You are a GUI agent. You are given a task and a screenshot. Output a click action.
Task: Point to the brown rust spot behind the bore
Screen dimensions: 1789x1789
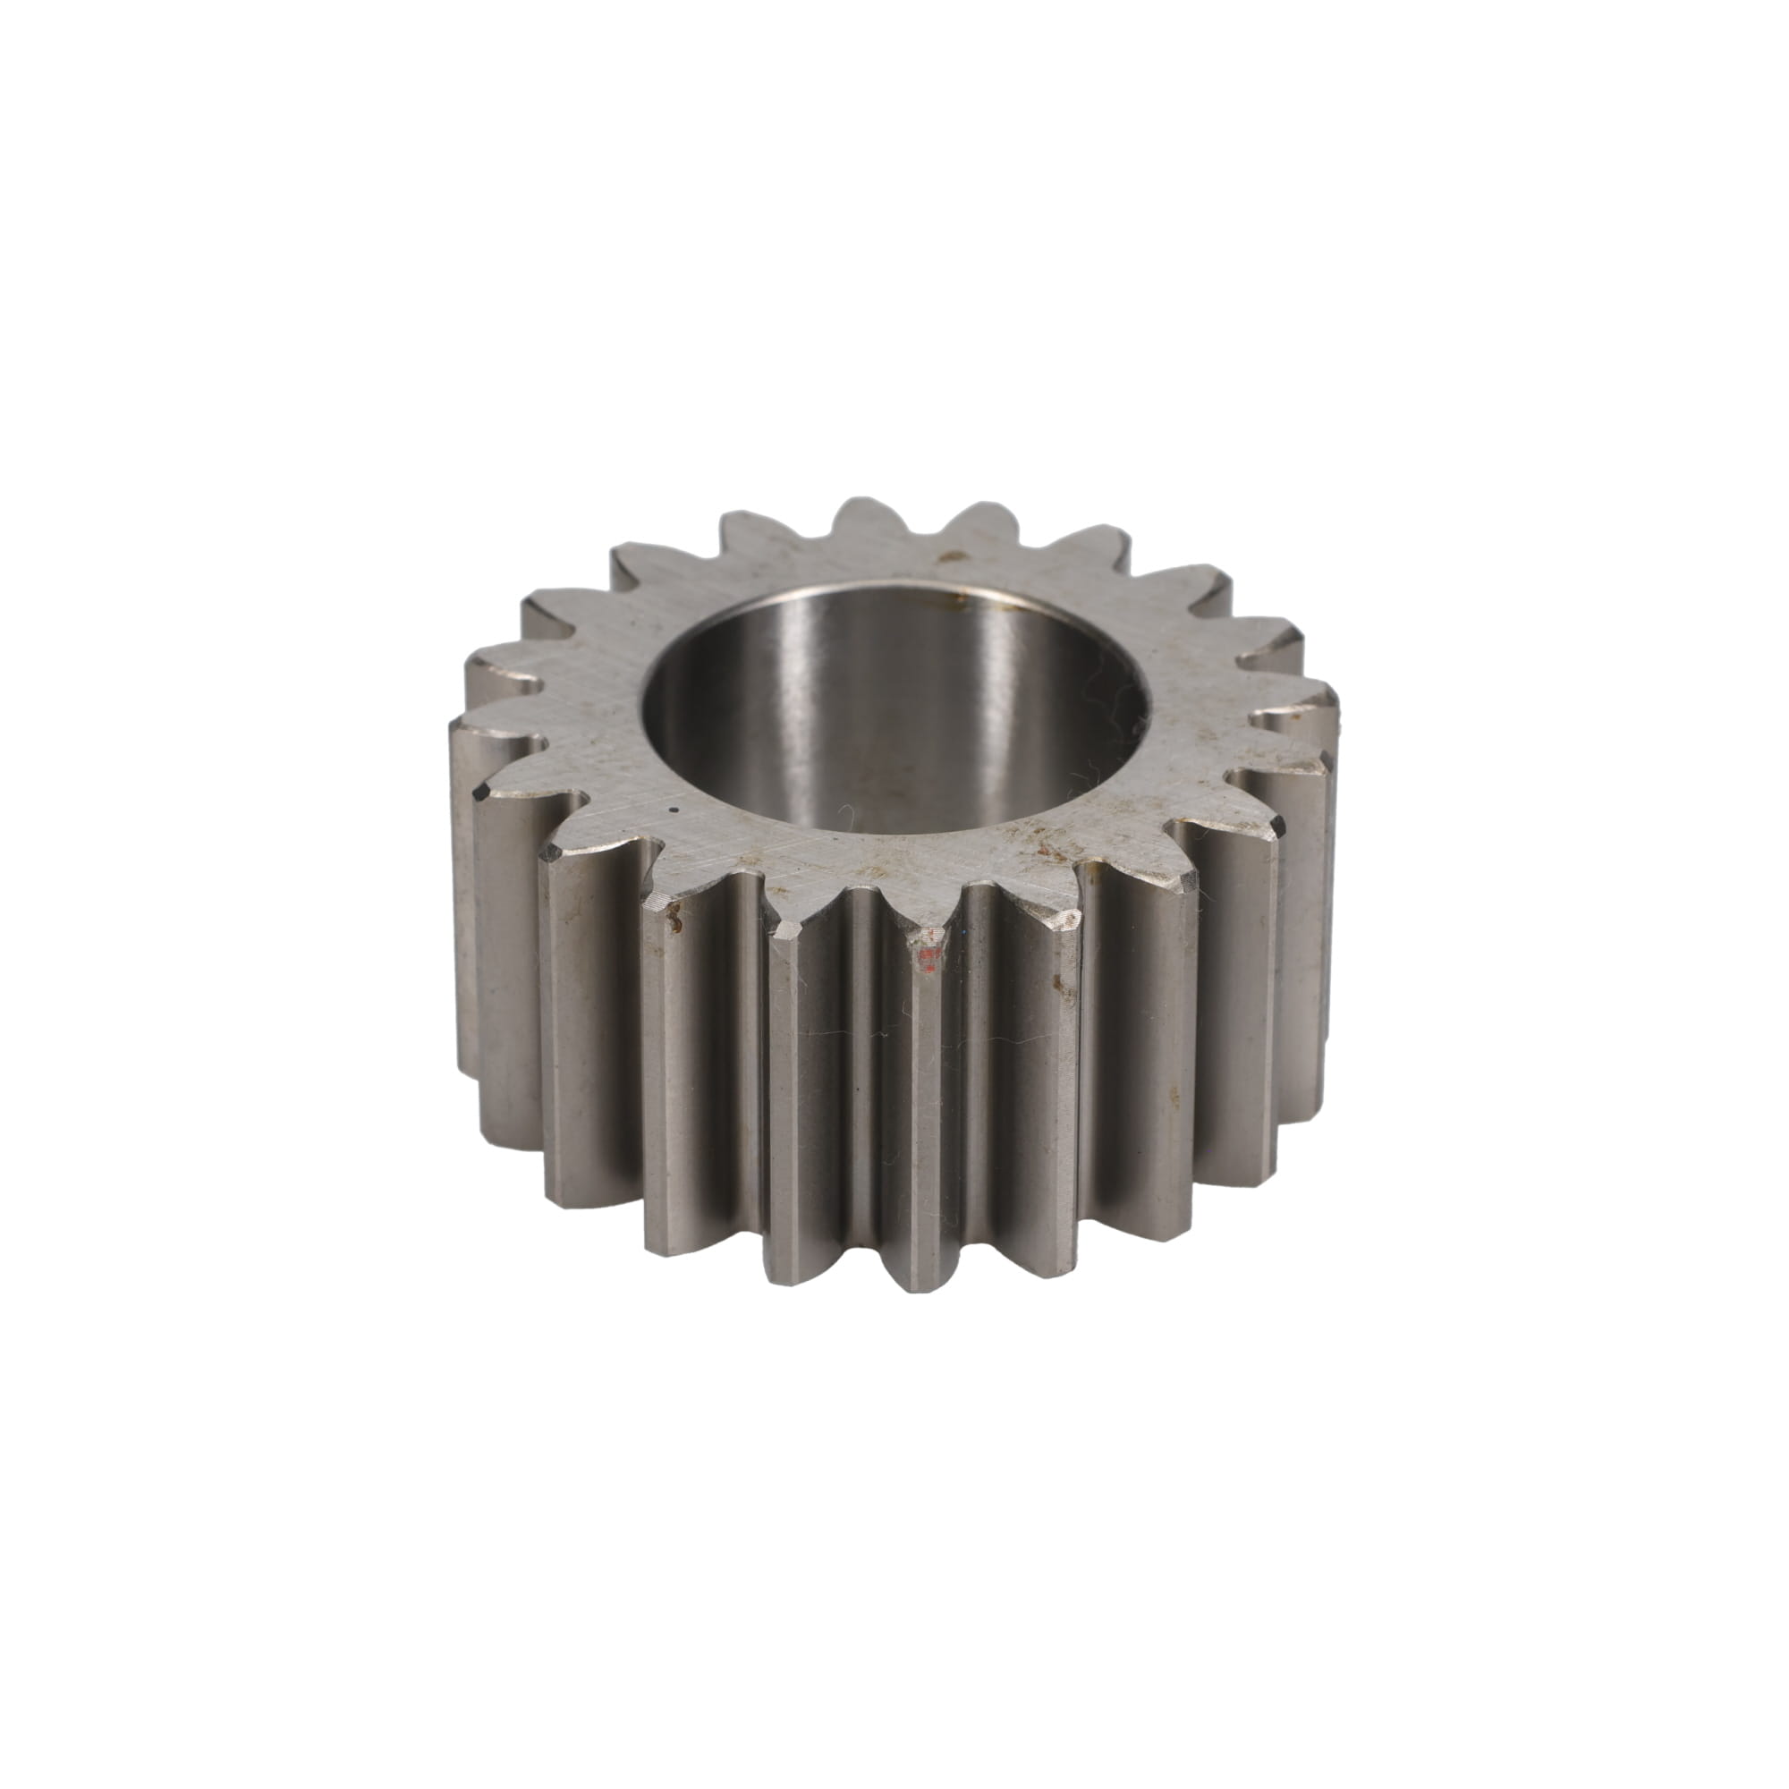[948, 558]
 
